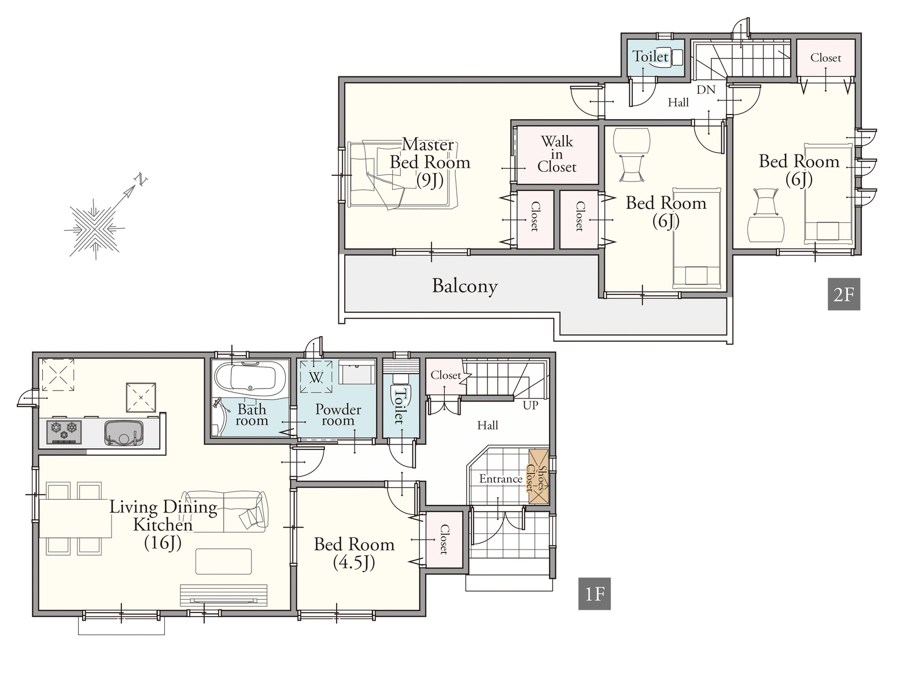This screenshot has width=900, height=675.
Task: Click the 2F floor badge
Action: (843, 294)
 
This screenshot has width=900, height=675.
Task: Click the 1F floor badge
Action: (594, 593)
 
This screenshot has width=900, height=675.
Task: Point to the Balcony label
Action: (464, 286)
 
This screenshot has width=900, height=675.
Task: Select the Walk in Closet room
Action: (557, 154)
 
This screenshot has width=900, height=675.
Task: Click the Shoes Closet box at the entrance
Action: (538, 477)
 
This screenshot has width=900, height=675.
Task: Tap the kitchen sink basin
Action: (123, 433)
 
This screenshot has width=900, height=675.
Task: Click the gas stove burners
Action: (64, 431)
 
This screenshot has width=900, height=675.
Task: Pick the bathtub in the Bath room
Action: (250, 378)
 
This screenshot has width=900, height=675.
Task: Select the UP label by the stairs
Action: (530, 405)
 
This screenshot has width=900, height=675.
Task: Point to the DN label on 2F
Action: (706, 89)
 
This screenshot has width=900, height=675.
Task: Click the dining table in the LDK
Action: (75, 518)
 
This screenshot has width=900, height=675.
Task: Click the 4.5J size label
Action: (354, 562)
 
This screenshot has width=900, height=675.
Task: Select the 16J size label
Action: (163, 543)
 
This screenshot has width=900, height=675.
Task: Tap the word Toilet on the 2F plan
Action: (650, 56)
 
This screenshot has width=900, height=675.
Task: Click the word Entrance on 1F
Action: (501, 479)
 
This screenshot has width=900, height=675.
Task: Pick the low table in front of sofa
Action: (223, 562)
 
